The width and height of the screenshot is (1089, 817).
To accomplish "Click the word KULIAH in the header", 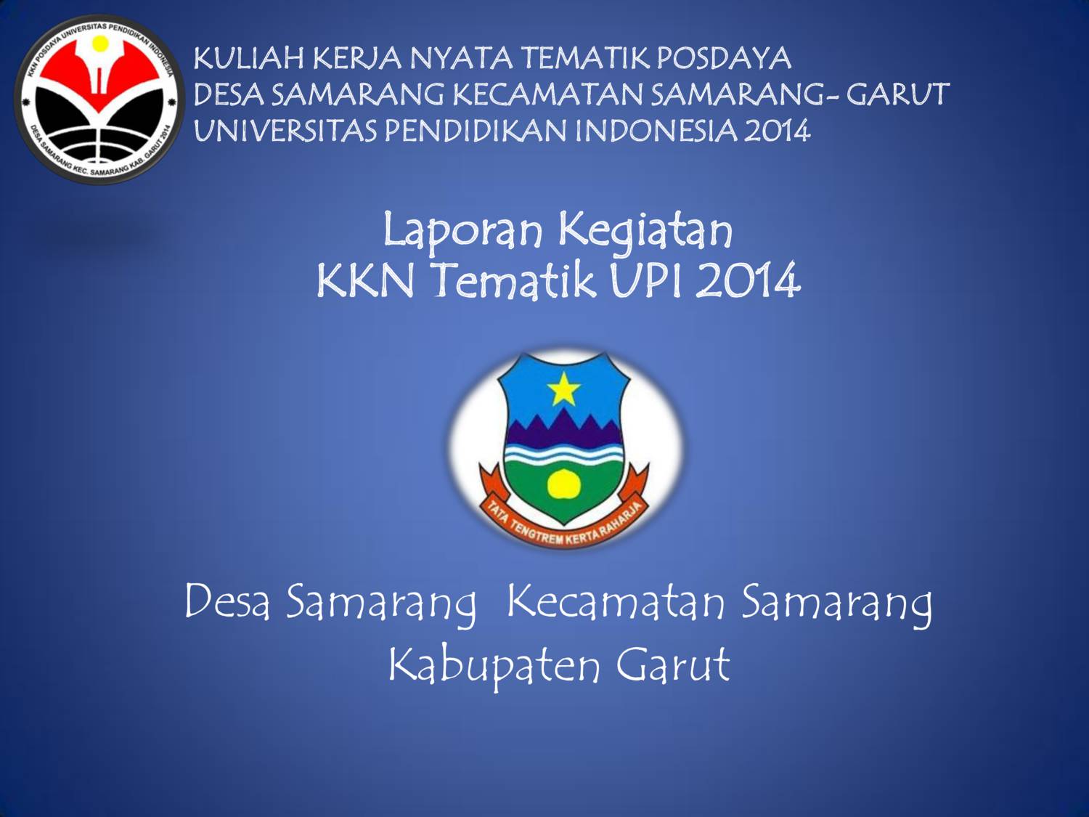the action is (248, 58).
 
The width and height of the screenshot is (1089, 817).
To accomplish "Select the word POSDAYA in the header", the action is (723, 58).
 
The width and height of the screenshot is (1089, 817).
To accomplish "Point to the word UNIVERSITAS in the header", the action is (285, 131).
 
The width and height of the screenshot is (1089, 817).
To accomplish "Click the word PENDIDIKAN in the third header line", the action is (476, 131).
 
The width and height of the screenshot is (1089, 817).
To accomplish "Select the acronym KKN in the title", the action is (365, 280).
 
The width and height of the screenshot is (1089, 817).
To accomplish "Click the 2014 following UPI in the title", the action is (749, 280).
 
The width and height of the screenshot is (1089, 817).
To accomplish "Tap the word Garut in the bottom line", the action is (673, 664).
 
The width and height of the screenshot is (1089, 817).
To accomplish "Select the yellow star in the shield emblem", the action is (564, 390).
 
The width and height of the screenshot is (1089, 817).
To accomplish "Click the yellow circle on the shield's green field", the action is (564, 484).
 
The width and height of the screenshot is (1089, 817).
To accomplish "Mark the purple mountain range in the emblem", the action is (563, 429).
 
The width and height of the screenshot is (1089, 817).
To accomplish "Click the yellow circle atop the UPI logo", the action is (100, 44).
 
